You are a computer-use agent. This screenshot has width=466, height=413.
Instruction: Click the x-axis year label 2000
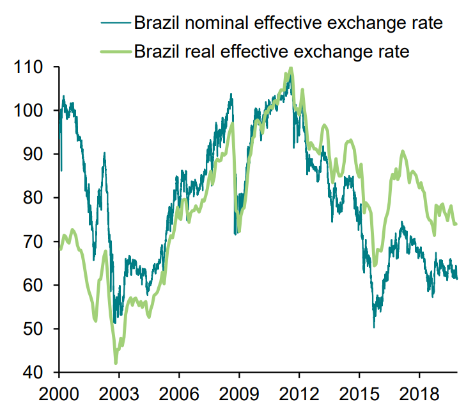pyautogui.click(x=59, y=393)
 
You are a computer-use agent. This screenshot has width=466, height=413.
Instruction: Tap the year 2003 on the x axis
pyautogui.click(x=119, y=393)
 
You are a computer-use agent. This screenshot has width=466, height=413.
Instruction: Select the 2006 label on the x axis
pyautogui.click(x=179, y=393)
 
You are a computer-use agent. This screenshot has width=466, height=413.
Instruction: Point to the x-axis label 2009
pyautogui.click(x=239, y=393)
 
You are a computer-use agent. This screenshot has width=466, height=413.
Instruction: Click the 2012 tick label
pyautogui.click(x=299, y=393)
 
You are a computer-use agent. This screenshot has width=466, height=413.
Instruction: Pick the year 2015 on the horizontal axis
pyautogui.click(x=359, y=393)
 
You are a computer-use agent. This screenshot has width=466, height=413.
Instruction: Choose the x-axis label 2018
pyautogui.click(x=419, y=393)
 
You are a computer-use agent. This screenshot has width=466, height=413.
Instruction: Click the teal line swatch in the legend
pyautogui.click(x=115, y=24)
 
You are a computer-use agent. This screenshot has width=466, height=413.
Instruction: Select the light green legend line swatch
pyautogui.click(x=115, y=51)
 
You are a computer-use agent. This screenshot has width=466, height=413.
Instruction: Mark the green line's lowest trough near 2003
pyautogui.click(x=116, y=363)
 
